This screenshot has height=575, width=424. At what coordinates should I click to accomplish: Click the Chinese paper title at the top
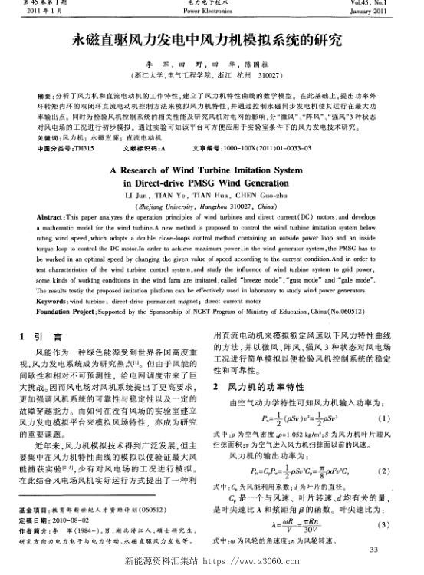(x=212, y=38)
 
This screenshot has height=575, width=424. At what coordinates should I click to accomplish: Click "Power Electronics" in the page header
(x=212, y=12)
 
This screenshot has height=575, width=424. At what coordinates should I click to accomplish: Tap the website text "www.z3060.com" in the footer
(x=264, y=565)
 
